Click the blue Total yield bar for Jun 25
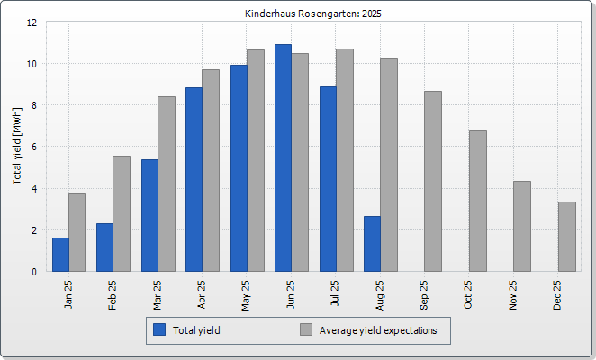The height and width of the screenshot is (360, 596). pyautogui.click(x=283, y=157)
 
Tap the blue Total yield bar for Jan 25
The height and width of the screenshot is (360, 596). pyautogui.click(x=60, y=255)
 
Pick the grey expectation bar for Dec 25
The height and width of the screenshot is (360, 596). pyautogui.click(x=566, y=237)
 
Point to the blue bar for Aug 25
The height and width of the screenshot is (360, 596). pyautogui.click(x=372, y=244)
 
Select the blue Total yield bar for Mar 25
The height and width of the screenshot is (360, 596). pyautogui.click(x=149, y=215)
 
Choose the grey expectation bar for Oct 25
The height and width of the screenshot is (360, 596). pyautogui.click(x=477, y=201)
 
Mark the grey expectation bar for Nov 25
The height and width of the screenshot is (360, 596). pyautogui.click(x=522, y=226)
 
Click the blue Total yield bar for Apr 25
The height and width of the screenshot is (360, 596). pyautogui.click(x=194, y=179)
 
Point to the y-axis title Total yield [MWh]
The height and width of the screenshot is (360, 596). pyautogui.click(x=17, y=146)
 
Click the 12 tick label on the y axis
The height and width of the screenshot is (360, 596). pyautogui.click(x=32, y=22)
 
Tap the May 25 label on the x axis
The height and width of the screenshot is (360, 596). pyautogui.click(x=246, y=294)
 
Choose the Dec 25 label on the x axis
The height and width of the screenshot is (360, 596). pyautogui.click(x=557, y=294)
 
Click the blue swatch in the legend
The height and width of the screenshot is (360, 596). pyautogui.click(x=160, y=330)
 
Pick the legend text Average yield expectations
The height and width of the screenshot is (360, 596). pyautogui.click(x=378, y=330)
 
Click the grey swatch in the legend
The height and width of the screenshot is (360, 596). pyautogui.click(x=306, y=330)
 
